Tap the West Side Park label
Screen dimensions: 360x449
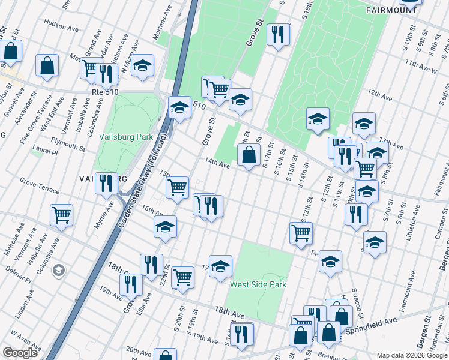pyautogui.click(x=258, y=285)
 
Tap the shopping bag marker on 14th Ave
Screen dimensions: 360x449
pyautogui.click(x=249, y=155)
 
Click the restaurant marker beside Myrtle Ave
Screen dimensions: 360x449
pyautogui.click(x=106, y=183)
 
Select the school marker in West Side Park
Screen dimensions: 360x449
pyautogui.click(x=220, y=266)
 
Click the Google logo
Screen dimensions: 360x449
pyautogui.click(x=20, y=353)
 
